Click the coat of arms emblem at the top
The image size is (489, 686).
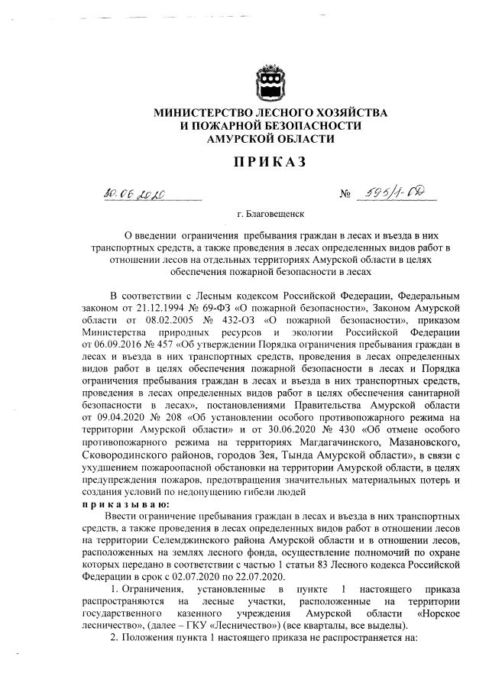pyautogui.click(x=270, y=82)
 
